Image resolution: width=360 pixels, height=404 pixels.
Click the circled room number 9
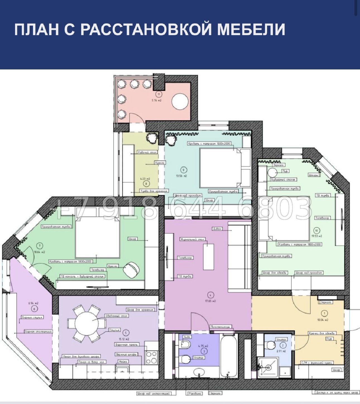[183, 170]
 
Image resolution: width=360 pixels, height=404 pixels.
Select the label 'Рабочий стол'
[147, 152]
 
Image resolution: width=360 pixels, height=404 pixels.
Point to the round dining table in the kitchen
[86, 323]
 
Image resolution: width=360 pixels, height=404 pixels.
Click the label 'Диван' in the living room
[217, 229]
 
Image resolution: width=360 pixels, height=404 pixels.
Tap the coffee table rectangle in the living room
[208, 257]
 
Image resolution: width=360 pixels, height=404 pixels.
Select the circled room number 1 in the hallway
[324, 313]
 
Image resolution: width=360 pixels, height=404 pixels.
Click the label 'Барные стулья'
[32, 318]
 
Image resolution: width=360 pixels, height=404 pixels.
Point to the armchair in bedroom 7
[131, 270]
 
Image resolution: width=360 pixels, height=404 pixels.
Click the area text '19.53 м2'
[316, 236]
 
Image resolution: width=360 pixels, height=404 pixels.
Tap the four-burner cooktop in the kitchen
[152, 357]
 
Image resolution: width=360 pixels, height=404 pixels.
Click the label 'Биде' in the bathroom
[187, 337]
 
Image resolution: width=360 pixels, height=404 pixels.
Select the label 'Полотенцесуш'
[220, 327]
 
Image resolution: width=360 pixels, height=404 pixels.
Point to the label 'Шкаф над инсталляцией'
[153, 394]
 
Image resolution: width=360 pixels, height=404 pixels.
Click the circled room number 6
[34, 309]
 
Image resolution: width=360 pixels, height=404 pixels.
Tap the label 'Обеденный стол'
[116, 316]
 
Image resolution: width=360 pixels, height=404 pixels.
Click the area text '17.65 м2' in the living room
[210, 301]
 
